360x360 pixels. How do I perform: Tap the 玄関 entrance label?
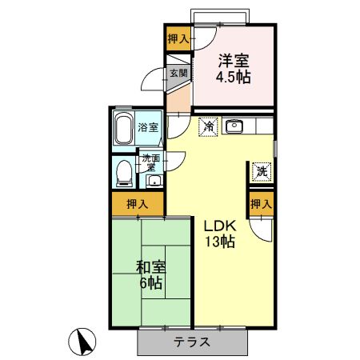[178, 73]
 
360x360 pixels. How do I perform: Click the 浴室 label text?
[147, 127]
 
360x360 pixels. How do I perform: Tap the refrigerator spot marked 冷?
[208, 126]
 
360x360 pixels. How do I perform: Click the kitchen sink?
[235, 126]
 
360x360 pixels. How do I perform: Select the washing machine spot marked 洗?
[261, 170]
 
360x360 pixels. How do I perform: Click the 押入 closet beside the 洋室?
[178, 38]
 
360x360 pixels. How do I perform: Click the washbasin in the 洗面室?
[154, 180]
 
